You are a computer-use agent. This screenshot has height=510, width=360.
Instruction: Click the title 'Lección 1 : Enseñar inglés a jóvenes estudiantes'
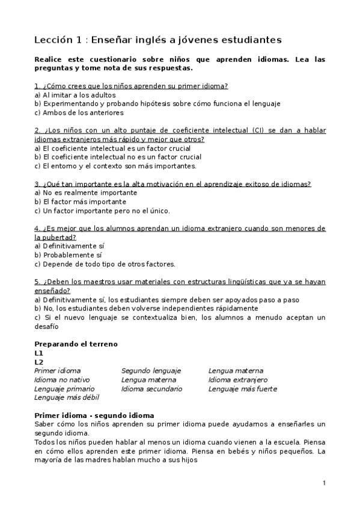(x=158, y=40)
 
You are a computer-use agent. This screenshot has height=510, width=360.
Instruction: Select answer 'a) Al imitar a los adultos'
(x=75, y=95)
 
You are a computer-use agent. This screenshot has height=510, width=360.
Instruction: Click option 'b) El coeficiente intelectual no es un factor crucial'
(x=118, y=157)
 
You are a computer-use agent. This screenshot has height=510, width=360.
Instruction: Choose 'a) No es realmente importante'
(x=86, y=193)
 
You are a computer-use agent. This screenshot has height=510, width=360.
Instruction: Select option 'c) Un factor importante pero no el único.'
(x=102, y=210)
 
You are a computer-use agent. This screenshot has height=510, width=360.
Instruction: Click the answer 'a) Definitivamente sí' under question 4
(x=70, y=246)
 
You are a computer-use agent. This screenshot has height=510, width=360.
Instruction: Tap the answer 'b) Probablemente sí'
(x=69, y=255)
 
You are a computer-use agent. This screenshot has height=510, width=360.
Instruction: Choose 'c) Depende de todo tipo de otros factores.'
(x=105, y=264)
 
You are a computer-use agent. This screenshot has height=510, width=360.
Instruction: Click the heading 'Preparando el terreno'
(x=76, y=344)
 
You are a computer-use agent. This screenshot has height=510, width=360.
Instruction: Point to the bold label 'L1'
(x=39, y=353)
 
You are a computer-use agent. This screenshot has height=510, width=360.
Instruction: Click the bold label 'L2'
(x=39, y=362)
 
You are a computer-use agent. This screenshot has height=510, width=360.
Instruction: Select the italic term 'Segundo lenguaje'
(x=151, y=371)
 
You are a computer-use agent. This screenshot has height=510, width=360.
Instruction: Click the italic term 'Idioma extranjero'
(x=238, y=380)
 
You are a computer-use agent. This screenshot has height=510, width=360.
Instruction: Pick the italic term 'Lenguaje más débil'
(x=66, y=398)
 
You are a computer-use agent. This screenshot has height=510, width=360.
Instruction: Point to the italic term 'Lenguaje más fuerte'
(x=243, y=389)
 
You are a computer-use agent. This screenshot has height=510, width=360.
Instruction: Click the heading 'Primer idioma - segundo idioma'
(x=94, y=416)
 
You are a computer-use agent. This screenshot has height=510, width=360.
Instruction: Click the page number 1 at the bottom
(x=324, y=483)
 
